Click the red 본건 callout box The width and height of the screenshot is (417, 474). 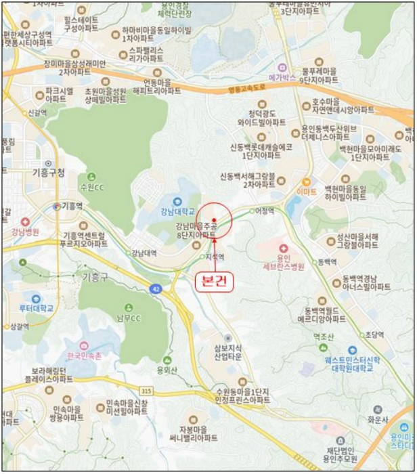(x=215, y=281)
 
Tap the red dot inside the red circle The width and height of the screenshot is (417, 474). (x=215, y=219)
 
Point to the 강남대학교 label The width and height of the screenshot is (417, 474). (x=178, y=211)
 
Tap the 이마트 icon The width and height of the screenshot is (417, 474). (x=307, y=182)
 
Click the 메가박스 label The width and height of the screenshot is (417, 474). (x=282, y=77)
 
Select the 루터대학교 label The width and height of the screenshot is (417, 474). (x=36, y=308)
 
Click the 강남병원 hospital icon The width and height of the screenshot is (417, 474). (x=25, y=222)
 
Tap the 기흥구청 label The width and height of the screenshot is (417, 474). (x=48, y=173)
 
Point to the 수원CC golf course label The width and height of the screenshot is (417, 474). (x=92, y=187)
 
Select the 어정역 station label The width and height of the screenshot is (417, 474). (x=265, y=211)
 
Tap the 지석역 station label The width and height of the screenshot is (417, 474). (x=215, y=257)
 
